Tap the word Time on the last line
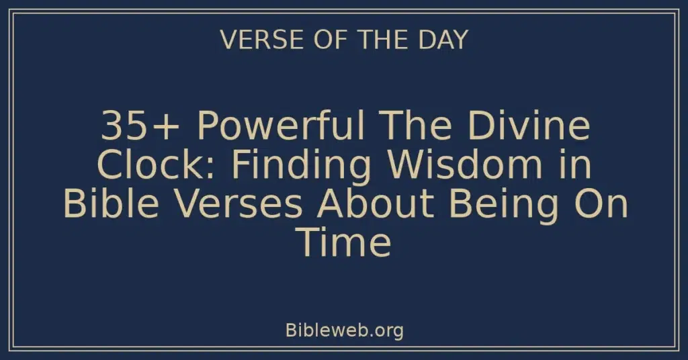click(x=343, y=242)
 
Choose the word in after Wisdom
click(x=577, y=166)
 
